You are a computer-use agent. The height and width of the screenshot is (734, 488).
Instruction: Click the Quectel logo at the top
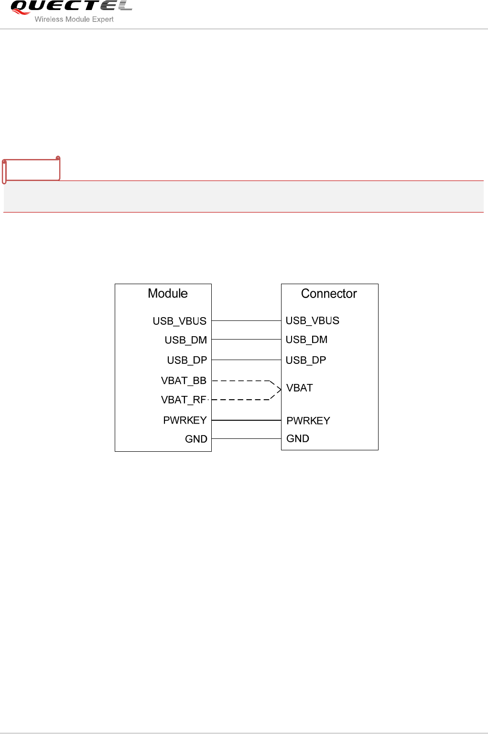(71, 7)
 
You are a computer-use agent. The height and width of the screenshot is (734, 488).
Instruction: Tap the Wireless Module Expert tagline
(74, 20)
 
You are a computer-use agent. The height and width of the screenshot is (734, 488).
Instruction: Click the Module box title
(167, 293)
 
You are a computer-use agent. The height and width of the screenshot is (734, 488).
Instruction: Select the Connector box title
(329, 294)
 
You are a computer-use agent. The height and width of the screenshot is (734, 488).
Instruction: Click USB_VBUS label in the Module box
(179, 321)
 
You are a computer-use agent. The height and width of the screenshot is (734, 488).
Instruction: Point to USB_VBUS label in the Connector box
(312, 320)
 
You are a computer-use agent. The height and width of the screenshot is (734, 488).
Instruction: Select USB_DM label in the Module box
(185, 340)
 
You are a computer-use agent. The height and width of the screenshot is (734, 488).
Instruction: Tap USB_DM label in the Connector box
(306, 340)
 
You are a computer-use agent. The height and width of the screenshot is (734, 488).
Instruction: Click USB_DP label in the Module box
(187, 360)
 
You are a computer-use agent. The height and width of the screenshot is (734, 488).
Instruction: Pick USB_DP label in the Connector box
(305, 360)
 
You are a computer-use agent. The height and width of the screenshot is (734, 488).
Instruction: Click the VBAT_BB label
(184, 381)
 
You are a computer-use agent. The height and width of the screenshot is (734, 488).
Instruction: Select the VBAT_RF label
(184, 400)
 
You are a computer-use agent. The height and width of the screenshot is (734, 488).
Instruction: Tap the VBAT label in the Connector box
(299, 388)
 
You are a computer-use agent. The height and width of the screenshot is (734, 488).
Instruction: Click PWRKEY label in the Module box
(184, 420)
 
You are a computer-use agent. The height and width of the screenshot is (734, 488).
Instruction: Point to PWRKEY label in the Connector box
(308, 421)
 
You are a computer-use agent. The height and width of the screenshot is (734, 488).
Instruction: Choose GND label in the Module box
(196, 439)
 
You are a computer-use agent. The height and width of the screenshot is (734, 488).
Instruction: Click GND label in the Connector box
(297, 438)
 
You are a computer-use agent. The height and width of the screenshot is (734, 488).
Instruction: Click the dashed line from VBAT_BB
(241, 381)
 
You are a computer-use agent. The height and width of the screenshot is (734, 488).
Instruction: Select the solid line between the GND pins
(246, 438)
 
